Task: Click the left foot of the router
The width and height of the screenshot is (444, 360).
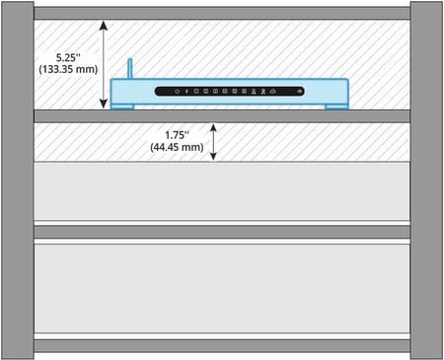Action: (x=124, y=107)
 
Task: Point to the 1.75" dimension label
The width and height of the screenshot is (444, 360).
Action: (x=178, y=133)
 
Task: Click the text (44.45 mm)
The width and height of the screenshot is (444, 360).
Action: (x=178, y=147)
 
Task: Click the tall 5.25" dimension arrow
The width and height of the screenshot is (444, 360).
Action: (x=104, y=65)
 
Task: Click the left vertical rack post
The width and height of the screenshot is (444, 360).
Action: (x=16, y=180)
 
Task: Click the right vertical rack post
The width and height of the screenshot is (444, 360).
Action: (x=426, y=180)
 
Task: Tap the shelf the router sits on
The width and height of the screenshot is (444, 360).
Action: (x=222, y=115)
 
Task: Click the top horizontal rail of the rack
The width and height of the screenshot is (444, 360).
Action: (x=222, y=14)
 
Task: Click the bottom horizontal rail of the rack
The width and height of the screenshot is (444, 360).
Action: (x=222, y=346)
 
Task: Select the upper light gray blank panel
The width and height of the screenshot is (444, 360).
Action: (x=222, y=192)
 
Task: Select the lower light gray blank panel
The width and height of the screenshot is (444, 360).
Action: (x=222, y=288)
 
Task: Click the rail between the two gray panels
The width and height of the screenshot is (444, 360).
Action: (x=222, y=232)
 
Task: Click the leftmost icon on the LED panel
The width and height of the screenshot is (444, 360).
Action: (x=177, y=92)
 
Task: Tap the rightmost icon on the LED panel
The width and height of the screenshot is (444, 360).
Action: (x=298, y=92)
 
